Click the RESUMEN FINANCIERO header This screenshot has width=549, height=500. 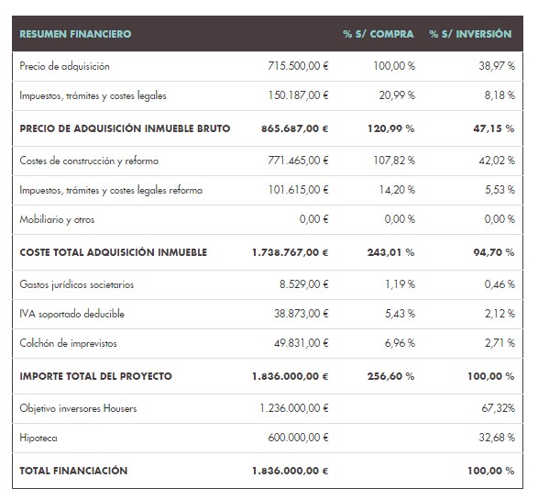click(x=75, y=34)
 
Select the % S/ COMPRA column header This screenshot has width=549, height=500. click(x=379, y=34)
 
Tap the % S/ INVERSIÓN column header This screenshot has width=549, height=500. click(x=470, y=34)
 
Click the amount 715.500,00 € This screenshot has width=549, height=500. click(x=298, y=66)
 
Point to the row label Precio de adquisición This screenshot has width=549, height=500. click(x=64, y=66)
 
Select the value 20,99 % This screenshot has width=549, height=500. click(x=396, y=94)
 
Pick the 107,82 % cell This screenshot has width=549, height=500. click(x=394, y=161)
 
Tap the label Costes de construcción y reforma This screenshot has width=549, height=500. click(x=89, y=161)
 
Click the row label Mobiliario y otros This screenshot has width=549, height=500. click(x=57, y=220)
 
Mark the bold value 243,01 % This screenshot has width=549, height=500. click(x=392, y=252)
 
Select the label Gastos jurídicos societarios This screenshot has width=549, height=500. click(x=76, y=284)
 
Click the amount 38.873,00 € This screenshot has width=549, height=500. click(x=302, y=314)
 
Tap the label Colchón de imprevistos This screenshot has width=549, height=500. click(x=68, y=344)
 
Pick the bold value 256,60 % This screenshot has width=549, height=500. click(x=392, y=376)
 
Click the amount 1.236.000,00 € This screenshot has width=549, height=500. click(x=293, y=408)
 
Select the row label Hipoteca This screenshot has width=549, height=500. click(x=38, y=439)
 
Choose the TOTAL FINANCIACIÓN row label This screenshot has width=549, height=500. click(x=73, y=471)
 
